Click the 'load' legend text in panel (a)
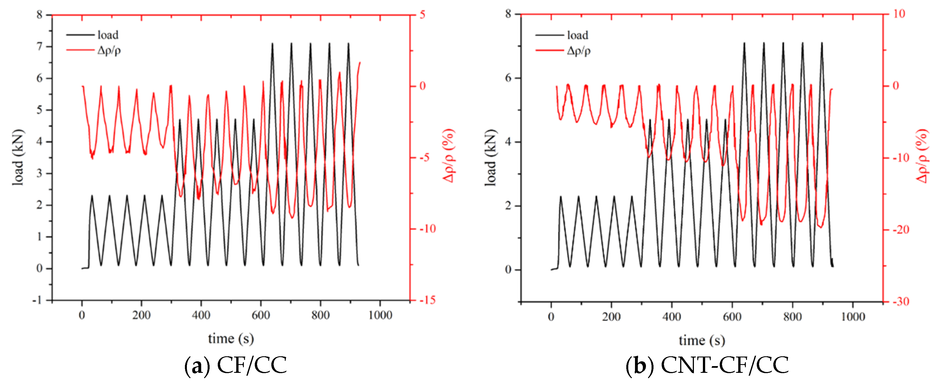pyautogui.click(x=108, y=35)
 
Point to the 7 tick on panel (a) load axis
pyautogui.click(x=39, y=46)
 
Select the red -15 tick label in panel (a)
pyautogui.click(x=427, y=300)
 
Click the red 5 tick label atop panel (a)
pyautogui.click(x=422, y=15)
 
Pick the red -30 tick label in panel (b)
pyautogui.click(x=901, y=302)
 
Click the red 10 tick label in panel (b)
pyautogui.click(x=899, y=14)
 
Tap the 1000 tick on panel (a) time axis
pyautogui.click(x=380, y=315)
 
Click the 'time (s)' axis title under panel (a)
pyautogui.click(x=231, y=338)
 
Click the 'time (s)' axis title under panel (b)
pyautogui.click(x=701, y=340)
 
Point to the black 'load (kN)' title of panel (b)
pyautogui.click(x=491, y=158)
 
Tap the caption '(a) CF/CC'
pyautogui.click(x=235, y=365)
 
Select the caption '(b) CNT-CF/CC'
pyautogui.click(x=707, y=365)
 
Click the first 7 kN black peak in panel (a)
pyautogui.click(x=272, y=44)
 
